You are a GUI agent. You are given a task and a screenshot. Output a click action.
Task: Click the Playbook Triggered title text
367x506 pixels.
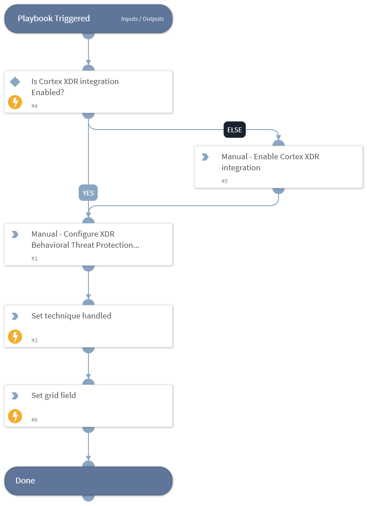pyautogui.click(x=54, y=19)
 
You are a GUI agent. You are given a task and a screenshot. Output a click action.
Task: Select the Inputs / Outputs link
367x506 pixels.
pyautogui.click(x=142, y=19)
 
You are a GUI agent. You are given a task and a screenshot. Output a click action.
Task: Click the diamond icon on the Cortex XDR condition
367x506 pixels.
pyautogui.click(x=15, y=82)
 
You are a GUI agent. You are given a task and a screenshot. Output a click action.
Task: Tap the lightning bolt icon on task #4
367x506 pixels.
pyautogui.click(x=15, y=103)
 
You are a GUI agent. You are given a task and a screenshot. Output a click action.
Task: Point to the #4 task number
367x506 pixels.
pyautogui.click(x=34, y=106)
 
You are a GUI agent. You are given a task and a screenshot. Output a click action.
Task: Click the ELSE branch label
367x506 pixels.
pyautogui.click(x=234, y=130)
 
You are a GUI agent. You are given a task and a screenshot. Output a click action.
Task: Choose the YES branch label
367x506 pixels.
pyautogui.click(x=88, y=193)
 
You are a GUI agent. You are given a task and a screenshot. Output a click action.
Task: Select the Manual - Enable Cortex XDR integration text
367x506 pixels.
pyautogui.click(x=270, y=162)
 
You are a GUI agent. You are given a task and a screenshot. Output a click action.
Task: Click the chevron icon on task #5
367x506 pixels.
pyautogui.click(x=205, y=157)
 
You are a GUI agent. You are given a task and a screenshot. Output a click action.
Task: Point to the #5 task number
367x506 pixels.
pyautogui.click(x=225, y=181)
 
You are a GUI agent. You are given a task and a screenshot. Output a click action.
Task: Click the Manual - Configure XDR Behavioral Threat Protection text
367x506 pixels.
pyautogui.click(x=85, y=240)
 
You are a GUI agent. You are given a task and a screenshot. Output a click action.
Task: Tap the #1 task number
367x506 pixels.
pyautogui.click(x=34, y=258)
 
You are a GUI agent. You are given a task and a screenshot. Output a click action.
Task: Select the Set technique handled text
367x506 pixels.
pyautogui.click(x=71, y=316)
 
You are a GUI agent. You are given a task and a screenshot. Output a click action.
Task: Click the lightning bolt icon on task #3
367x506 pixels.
pyautogui.click(x=15, y=337)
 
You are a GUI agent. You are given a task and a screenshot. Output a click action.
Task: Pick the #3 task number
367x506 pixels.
pyautogui.click(x=34, y=340)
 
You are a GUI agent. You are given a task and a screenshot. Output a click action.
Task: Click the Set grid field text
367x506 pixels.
pyautogui.click(x=54, y=395)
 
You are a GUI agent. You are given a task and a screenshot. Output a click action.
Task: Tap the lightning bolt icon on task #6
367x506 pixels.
pyautogui.click(x=15, y=416)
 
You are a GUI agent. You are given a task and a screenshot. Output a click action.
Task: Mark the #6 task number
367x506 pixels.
pyautogui.click(x=34, y=420)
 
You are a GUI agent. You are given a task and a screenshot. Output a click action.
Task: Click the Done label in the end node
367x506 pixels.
pyautogui.click(x=25, y=481)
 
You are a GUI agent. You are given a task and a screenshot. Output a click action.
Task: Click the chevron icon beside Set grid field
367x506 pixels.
pyautogui.click(x=15, y=396)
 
